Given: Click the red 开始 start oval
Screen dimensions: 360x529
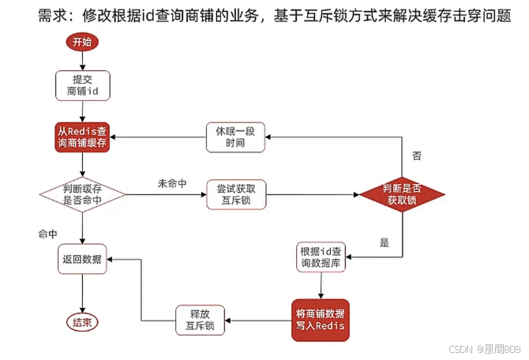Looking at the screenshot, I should (82, 42).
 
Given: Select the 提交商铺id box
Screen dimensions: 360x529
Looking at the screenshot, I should (82, 86).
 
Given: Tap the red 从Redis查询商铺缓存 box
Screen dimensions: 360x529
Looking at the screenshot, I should (82, 137).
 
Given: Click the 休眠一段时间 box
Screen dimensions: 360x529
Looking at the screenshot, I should (235, 137).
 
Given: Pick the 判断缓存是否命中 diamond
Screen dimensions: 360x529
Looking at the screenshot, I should (82, 195).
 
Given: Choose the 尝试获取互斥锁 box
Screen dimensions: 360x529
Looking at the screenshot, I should (235, 195).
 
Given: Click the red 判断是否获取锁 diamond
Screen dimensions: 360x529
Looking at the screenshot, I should (402, 194).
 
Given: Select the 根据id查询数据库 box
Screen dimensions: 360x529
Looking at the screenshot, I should (322, 257).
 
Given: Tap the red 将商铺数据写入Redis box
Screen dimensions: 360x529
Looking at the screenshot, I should (321, 320).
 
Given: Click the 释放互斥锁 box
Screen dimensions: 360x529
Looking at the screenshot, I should (201, 320).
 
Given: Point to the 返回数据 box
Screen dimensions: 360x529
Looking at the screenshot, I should (82, 258).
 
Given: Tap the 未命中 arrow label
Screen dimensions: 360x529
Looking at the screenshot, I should (171, 183).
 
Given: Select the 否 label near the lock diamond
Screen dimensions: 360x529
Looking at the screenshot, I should (417, 156).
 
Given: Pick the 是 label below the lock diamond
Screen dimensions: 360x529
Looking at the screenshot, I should (385, 242).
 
